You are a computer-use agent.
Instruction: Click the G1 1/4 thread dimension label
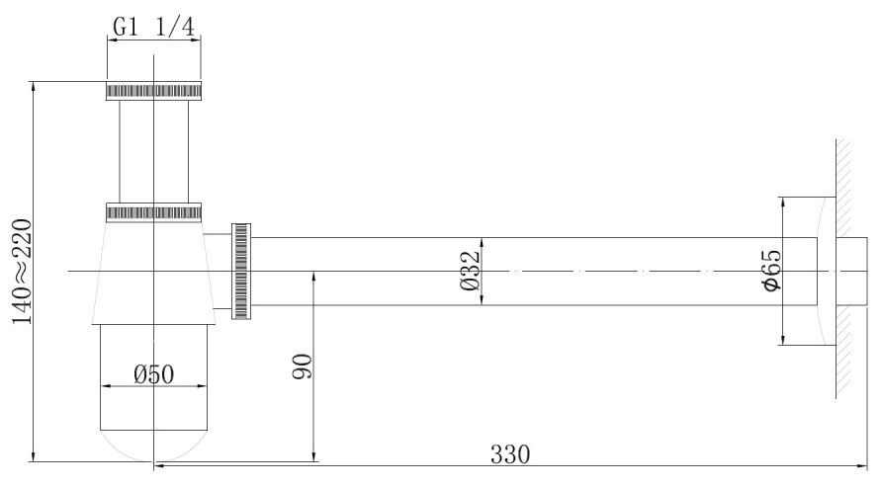153,27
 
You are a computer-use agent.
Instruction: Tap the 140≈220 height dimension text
23,272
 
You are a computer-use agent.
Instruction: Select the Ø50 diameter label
154,374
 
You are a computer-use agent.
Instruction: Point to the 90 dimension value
303,366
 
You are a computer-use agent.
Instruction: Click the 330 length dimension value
510,454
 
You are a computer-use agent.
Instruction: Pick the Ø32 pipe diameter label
470,270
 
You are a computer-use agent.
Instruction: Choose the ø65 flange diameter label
770,271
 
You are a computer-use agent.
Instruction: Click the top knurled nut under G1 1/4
153,91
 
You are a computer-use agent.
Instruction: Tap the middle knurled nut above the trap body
153,212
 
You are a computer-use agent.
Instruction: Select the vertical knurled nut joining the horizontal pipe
241,271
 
